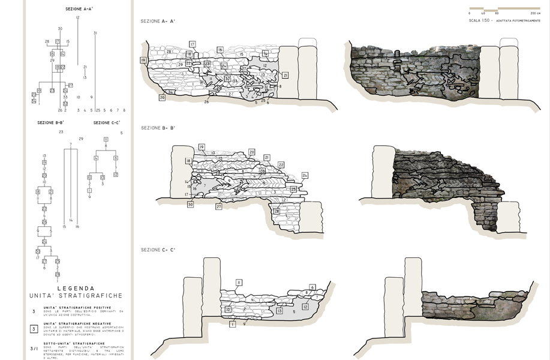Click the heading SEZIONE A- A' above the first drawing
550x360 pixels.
click(158, 21)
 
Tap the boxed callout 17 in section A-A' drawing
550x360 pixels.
click(193, 44)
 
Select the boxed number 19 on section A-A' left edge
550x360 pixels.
click(143, 60)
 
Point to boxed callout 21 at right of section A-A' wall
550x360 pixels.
click(285, 75)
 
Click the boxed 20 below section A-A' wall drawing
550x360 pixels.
click(162, 97)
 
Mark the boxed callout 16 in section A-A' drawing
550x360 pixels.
click(220, 50)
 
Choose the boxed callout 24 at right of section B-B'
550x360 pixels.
click(305, 175)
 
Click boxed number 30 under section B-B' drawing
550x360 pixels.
click(190, 205)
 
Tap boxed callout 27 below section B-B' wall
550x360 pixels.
click(219, 206)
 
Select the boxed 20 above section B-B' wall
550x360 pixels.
click(252, 152)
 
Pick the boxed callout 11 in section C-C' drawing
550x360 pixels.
click(239, 282)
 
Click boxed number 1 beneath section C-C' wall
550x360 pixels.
click(232, 324)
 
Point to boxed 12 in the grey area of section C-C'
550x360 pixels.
click(305, 307)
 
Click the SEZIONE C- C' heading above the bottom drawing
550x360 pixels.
click(158, 250)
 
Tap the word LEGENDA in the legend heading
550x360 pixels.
click(76, 288)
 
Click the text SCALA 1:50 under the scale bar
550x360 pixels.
click(481, 20)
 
